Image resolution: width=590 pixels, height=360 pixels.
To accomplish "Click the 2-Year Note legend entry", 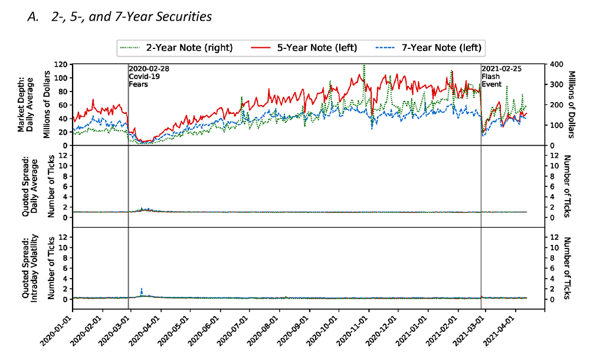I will point(175,47).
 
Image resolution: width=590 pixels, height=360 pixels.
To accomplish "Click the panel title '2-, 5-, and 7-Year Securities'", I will point(119,17).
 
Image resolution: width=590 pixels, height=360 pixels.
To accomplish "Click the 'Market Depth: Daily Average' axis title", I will point(27,104).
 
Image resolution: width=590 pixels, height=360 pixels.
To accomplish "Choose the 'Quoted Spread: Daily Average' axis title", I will point(27,186).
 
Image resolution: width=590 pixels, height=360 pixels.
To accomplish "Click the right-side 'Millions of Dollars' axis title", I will point(571,104).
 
